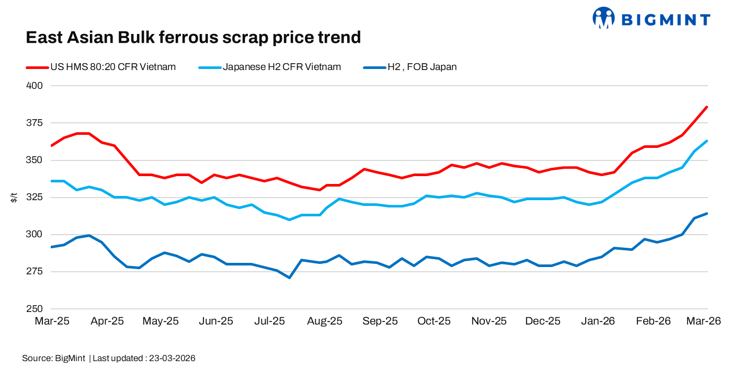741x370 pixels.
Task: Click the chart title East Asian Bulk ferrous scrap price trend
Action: pos(193,38)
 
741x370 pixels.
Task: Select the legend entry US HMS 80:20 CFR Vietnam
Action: pos(112,67)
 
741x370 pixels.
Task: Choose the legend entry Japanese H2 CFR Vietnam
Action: pos(282,67)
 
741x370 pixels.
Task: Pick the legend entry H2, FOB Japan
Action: pos(421,67)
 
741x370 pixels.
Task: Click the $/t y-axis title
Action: pos(14,197)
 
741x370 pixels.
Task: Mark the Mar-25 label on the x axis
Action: pos(52,321)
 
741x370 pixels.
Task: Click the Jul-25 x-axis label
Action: pos(270,321)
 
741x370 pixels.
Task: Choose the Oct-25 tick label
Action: pos(434,321)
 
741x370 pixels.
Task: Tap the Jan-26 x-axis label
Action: pos(597,321)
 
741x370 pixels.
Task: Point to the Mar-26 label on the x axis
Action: pos(703,321)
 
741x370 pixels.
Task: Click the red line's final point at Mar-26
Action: pos(707,107)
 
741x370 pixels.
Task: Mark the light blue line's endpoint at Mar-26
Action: pos(707,141)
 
